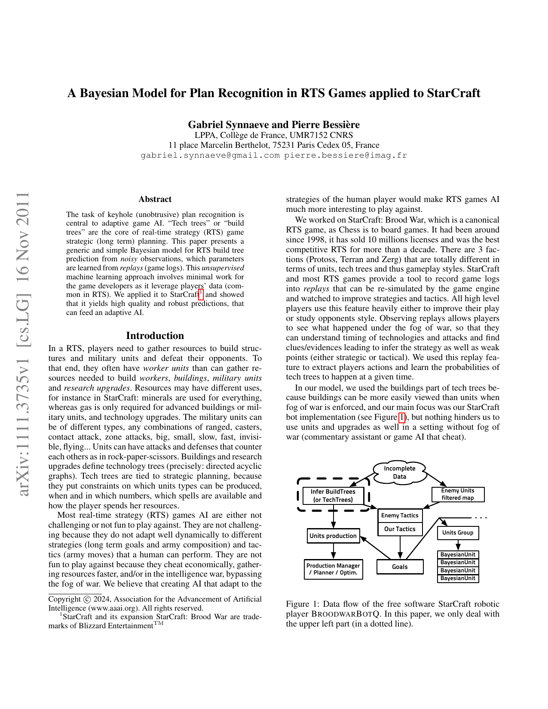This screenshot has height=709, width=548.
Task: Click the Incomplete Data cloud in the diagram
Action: (399, 472)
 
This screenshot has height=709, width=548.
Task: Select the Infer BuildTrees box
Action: (333, 495)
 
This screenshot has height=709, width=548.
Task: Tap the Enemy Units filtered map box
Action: (458, 494)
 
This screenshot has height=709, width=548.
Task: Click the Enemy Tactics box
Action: (400, 515)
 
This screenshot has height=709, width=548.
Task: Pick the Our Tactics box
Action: (400, 529)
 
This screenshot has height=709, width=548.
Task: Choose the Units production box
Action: (333, 536)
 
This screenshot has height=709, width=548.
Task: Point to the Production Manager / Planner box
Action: (333, 569)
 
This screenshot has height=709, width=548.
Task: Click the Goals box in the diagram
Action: (400, 567)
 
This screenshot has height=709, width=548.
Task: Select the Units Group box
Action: (458, 532)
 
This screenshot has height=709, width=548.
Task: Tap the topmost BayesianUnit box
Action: (458, 554)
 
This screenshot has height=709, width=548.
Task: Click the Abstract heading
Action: (155, 199)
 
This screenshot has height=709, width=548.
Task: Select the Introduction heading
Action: (155, 336)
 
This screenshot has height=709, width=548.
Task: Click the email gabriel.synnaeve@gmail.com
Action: (210, 155)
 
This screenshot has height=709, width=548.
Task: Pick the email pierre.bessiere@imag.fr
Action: (345, 155)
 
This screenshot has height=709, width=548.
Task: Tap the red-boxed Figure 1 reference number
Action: (402, 417)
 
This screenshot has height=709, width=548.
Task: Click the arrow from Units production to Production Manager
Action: (333, 551)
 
